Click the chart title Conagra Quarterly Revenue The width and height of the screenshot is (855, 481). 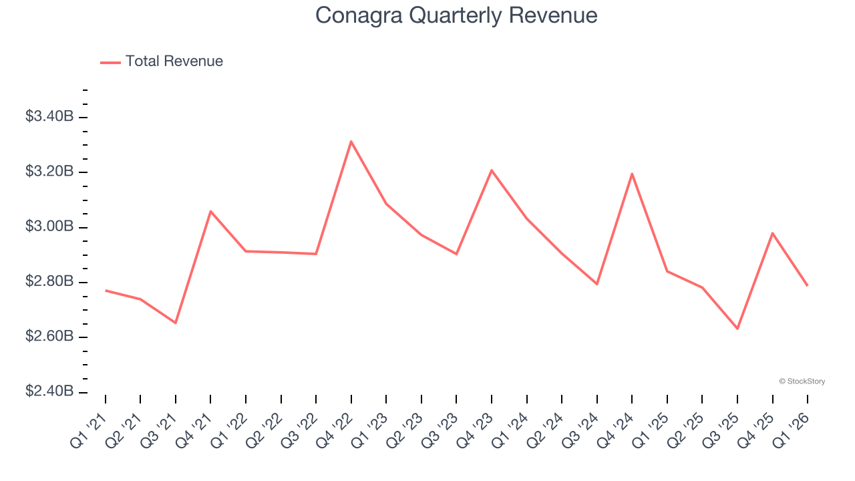pyautogui.click(x=456, y=15)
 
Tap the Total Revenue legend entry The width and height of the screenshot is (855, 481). pyautogui.click(x=162, y=61)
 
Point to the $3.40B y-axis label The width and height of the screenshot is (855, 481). pyautogui.click(x=49, y=117)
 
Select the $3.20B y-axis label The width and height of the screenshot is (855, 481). pyautogui.click(x=49, y=172)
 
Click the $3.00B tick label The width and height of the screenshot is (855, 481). pyautogui.click(x=49, y=227)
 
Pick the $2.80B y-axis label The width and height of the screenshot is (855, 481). pyautogui.click(x=49, y=282)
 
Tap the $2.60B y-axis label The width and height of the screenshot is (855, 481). pyautogui.click(x=49, y=337)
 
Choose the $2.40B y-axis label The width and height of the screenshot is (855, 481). pyautogui.click(x=49, y=391)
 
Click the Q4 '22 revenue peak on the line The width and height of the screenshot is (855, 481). pyautogui.click(x=351, y=142)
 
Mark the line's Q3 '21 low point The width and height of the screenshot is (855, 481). pyautogui.click(x=176, y=323)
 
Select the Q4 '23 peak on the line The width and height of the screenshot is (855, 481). pyautogui.click(x=492, y=170)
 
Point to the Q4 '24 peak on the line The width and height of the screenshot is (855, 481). pyautogui.click(x=632, y=174)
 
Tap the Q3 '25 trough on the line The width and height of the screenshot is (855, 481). pyautogui.click(x=737, y=329)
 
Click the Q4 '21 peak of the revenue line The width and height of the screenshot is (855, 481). pyautogui.click(x=210, y=211)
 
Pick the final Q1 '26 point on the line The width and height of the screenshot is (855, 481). pyautogui.click(x=807, y=285)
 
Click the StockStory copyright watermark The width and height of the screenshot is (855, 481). pyautogui.click(x=802, y=381)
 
